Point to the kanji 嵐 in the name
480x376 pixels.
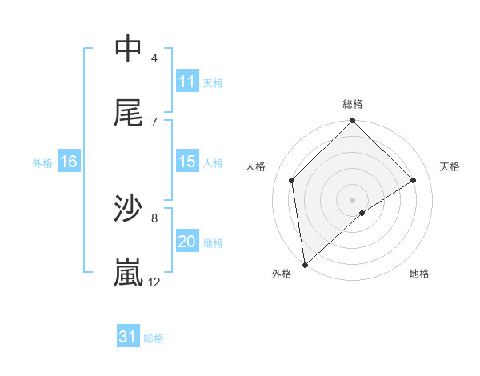pos(129,273)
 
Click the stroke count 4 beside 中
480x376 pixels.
pos(154,58)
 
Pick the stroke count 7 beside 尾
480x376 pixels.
pos(154,122)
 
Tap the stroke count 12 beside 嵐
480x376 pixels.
pos(154,282)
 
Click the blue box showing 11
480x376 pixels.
pos(187,82)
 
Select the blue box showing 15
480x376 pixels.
pos(187,162)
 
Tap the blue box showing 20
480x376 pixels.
pos(187,242)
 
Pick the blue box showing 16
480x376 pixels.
pos(69,162)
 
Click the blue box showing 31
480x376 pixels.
pos(128,337)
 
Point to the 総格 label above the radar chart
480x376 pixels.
pos(353,105)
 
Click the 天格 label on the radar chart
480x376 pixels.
pos(450,166)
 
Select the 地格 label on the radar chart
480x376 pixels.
pos(419,274)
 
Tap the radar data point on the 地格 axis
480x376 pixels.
pos(362,213)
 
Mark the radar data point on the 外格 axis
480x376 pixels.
pos(305,264)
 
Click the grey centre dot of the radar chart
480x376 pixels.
pos(353,199)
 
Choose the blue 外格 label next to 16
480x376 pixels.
pos(42,162)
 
